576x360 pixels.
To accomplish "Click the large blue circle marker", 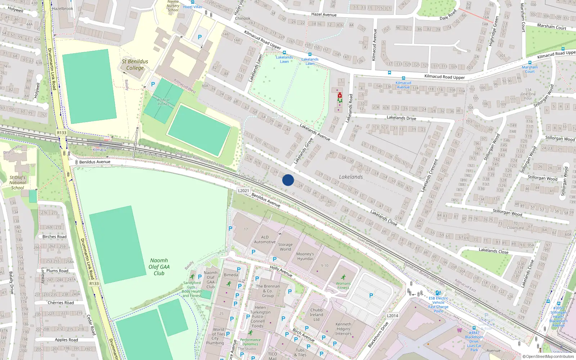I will coord(288,180).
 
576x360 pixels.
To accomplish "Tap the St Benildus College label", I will coord(135,65).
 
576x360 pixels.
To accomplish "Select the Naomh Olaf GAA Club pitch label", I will coord(159,267).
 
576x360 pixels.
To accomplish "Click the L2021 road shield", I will coord(243,191).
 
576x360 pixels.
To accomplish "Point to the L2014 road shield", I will coord(392,316).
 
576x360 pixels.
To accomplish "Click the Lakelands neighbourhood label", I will coord(351,177).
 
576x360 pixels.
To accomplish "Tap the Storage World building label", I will coord(285,247).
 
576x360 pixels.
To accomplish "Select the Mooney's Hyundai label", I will coord(305,256).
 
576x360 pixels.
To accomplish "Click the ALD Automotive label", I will coord(265,239).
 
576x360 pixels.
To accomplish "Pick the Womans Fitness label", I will coord(343,285).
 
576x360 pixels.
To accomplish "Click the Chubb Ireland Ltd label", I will coord(316,315).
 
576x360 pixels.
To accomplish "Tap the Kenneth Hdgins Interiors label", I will coord(343,329).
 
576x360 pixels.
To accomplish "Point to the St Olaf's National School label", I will coord(17,183).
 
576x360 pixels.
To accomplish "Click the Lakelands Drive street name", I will coord(401,118).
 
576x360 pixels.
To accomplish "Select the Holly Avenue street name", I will coord(281,271).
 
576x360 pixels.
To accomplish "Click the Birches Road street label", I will coord(54,237).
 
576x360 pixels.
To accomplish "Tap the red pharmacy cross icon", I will coord(339,95).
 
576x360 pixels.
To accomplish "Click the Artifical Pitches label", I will coord(163,102).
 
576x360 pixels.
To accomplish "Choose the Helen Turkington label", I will coord(260,310).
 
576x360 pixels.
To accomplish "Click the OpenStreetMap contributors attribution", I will coord(550,356).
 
